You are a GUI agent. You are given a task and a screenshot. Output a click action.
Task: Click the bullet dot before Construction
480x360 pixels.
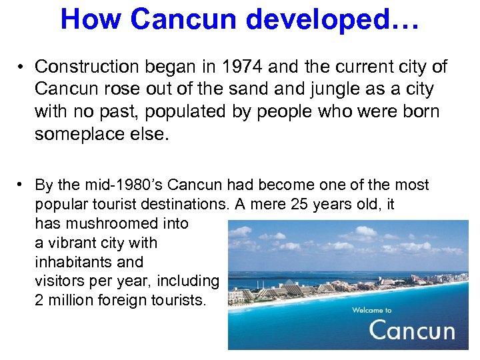(22, 67)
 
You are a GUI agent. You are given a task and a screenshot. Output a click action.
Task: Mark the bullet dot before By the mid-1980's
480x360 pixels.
(22, 185)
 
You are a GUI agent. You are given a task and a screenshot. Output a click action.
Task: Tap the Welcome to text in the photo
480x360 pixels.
(371, 310)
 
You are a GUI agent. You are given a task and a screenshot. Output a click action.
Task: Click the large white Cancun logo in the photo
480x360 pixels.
(411, 330)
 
